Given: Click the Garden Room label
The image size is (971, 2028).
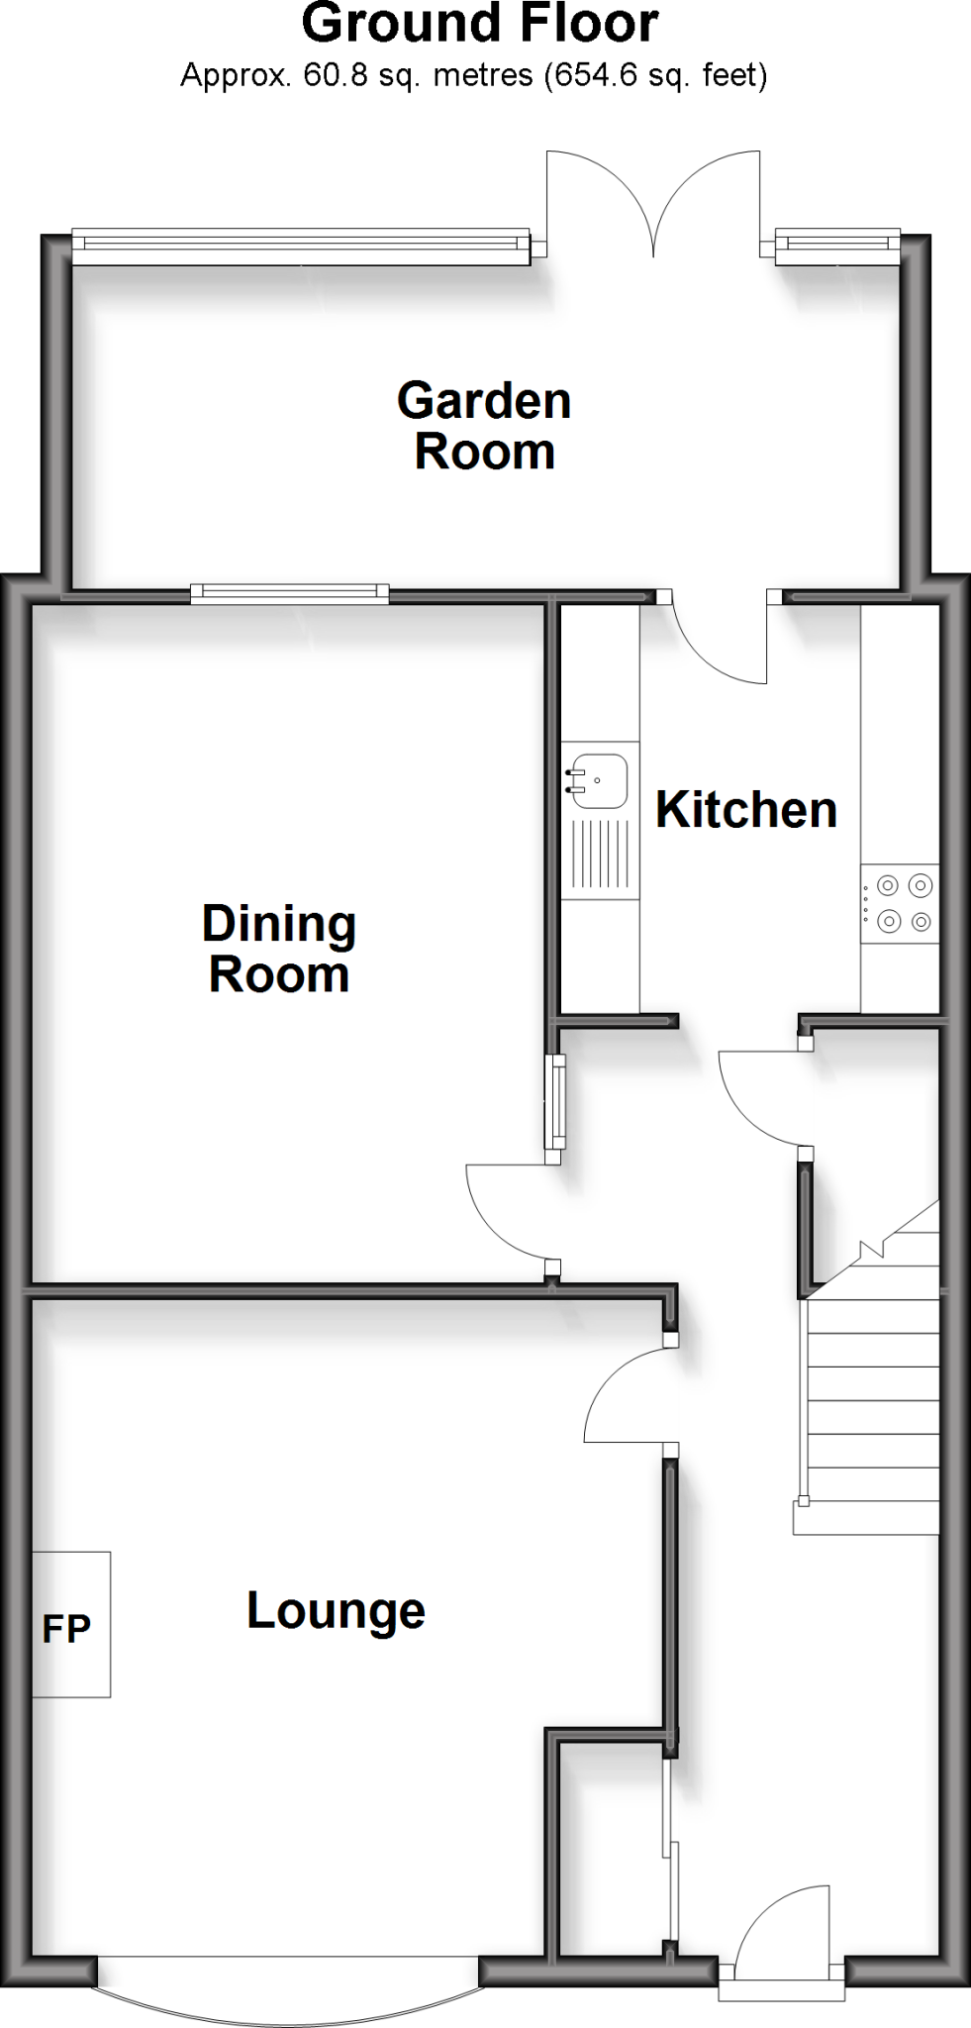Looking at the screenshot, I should pos(484,427).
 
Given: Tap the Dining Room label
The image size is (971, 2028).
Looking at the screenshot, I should pos(279,949).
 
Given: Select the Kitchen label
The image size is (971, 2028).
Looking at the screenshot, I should pos(746,810).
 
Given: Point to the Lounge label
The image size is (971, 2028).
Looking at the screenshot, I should pos(336,1610).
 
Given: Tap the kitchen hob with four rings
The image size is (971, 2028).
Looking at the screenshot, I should pos(900,903).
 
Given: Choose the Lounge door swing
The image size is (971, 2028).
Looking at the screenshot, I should pos(630,1396).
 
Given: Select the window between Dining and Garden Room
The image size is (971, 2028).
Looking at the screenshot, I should pos(290,594).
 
